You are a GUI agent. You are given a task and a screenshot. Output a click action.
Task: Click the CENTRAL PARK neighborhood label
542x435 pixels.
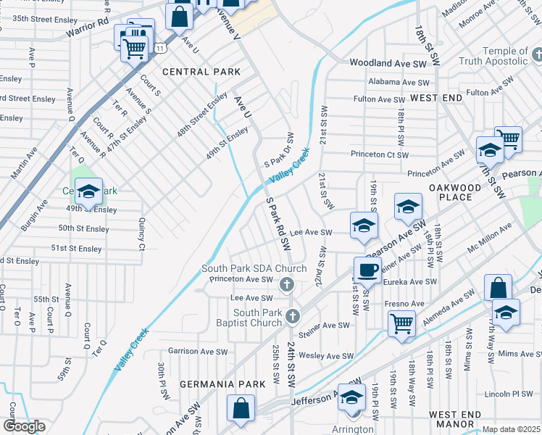(x=201, y=72)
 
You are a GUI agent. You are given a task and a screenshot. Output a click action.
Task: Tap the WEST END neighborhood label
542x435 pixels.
(x=436, y=97)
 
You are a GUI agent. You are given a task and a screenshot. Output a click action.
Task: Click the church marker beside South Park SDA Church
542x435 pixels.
(x=287, y=284)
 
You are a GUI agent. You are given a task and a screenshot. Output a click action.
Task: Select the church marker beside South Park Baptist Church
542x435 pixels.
(x=293, y=315)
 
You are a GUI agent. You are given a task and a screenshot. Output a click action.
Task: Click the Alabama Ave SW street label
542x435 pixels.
(x=398, y=83)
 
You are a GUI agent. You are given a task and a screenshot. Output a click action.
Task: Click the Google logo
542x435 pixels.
(x=24, y=426)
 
